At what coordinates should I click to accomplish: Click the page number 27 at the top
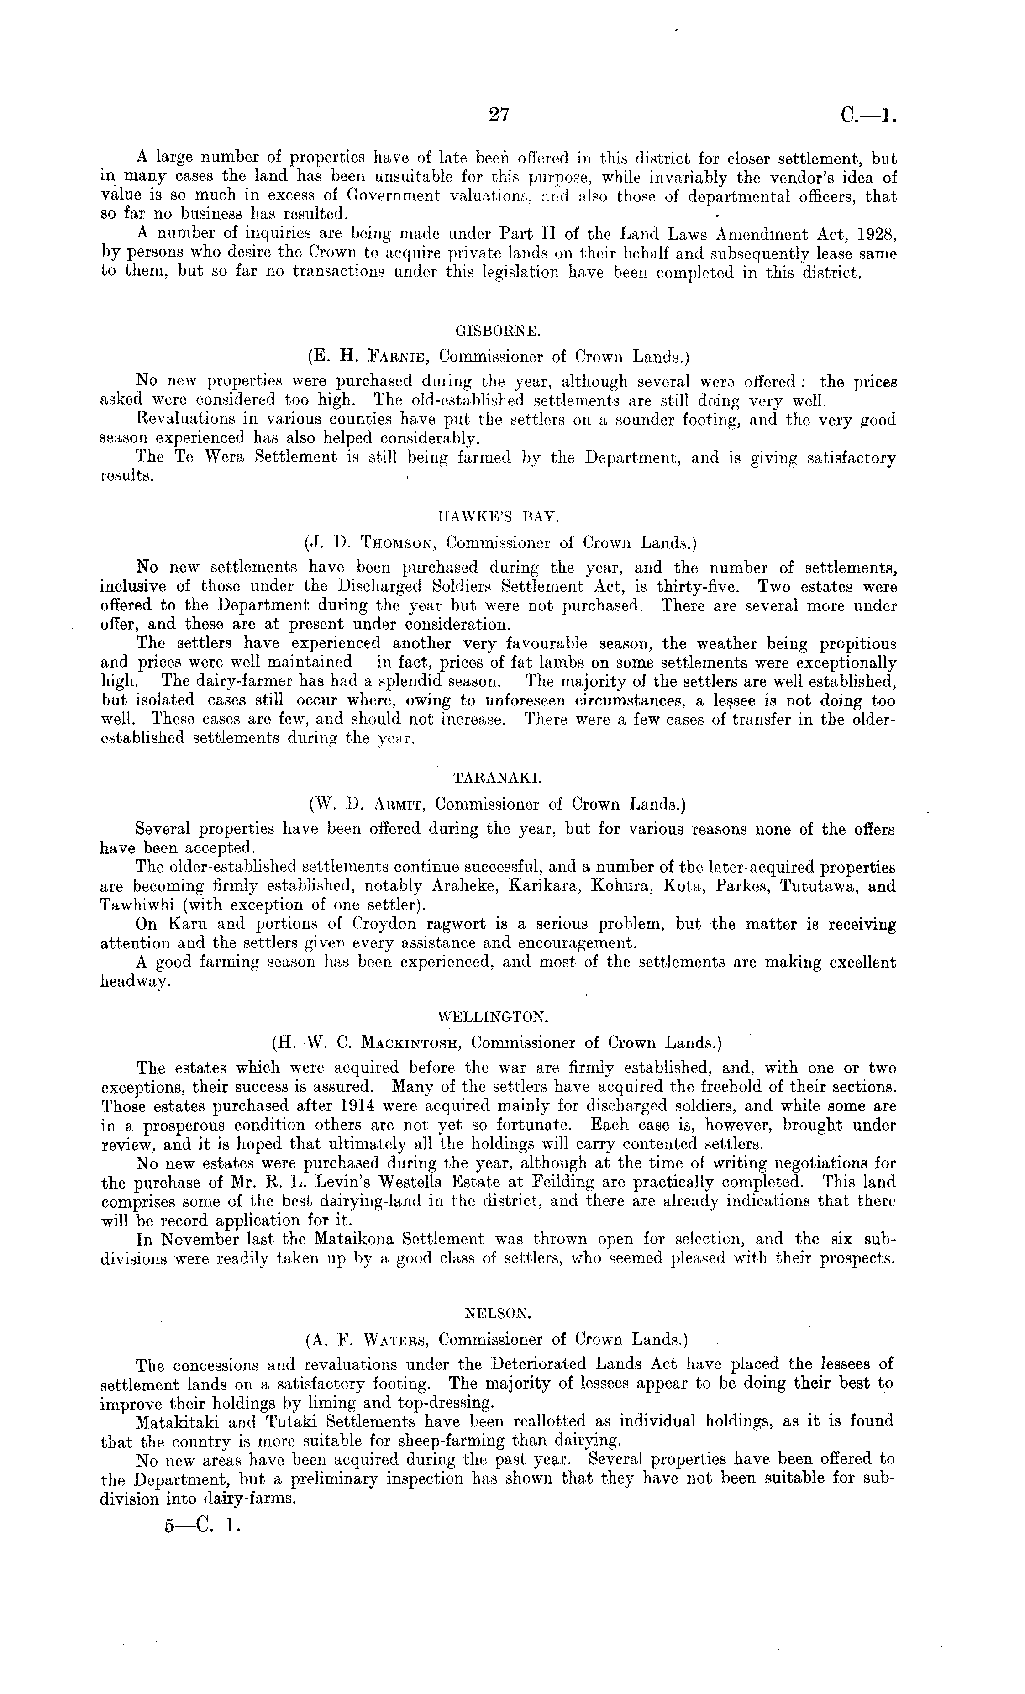(x=498, y=114)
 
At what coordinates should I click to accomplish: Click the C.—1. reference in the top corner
(x=867, y=116)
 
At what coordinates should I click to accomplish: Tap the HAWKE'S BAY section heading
(x=499, y=516)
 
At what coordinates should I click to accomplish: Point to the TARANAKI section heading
(x=498, y=778)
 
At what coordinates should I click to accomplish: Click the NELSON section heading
(x=498, y=1312)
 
